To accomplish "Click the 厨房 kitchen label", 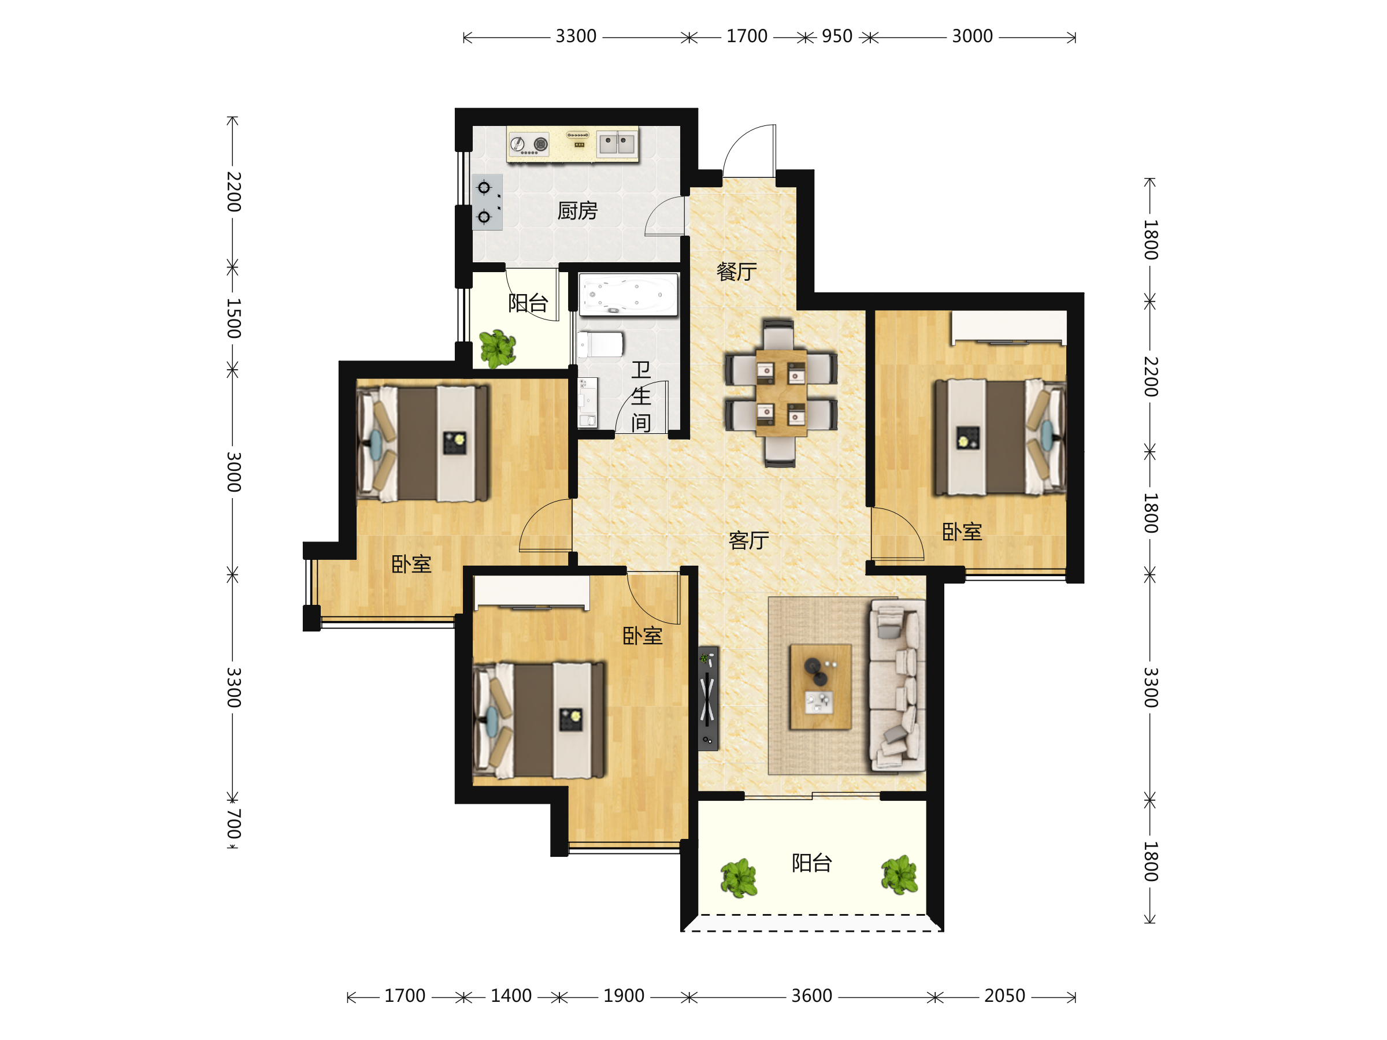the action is point(577,211).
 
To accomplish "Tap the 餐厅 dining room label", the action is point(737,272).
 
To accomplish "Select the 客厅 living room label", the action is point(748,540).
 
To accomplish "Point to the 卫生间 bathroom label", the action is point(641,396).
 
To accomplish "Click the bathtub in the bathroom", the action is point(628,294).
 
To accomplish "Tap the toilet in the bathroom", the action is point(600,344).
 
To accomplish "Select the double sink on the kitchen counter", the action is point(617,143).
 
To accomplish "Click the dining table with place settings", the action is point(781,393).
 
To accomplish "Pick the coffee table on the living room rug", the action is point(820,687).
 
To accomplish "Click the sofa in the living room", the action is point(897,685).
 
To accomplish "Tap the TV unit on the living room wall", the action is point(708,699).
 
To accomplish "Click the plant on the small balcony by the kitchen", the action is point(497,348).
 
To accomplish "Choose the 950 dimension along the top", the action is point(837,36).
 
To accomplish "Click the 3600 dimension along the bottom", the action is point(811,996).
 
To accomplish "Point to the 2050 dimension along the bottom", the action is point(1004,996).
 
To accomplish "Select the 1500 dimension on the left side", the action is point(233,318).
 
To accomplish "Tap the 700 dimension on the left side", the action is point(233,824).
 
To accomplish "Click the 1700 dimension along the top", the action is point(747,36).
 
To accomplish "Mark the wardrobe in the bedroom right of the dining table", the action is point(1009,327).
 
